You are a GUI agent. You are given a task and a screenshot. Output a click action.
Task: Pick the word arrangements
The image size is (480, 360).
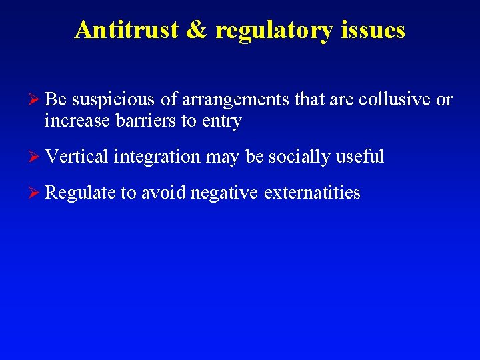[236, 101]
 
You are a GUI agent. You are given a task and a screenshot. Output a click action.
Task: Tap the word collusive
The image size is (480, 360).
[394, 100]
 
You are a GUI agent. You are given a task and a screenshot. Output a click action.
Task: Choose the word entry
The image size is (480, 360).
[220, 121]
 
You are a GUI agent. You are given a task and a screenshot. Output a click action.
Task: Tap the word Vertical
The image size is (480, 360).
[77, 157]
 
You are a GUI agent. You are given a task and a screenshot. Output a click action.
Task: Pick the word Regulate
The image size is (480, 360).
[79, 193]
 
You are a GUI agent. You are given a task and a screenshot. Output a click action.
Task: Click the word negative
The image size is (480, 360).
[223, 193]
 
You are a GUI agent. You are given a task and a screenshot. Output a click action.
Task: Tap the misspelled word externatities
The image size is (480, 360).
[312, 193]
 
